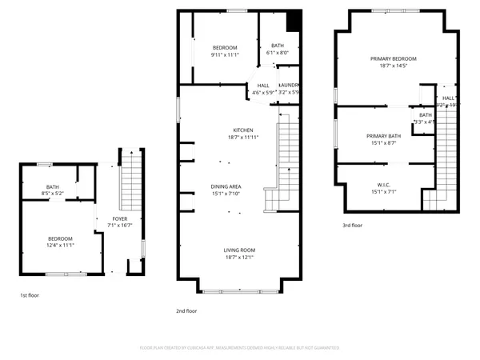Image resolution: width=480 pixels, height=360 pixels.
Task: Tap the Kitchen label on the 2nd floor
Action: pyautogui.click(x=243, y=130)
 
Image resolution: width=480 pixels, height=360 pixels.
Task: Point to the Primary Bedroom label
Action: pyautogui.click(x=393, y=58)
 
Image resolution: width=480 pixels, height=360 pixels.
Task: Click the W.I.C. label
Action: pyautogui.click(x=383, y=185)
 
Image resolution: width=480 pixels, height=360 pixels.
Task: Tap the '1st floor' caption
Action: pyautogui.click(x=30, y=295)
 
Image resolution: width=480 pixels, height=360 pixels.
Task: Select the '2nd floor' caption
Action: pyautogui.click(x=186, y=310)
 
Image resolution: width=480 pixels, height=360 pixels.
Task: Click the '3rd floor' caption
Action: pyautogui.click(x=353, y=226)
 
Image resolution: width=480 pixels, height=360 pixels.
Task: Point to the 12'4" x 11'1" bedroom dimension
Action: pyautogui.click(x=60, y=246)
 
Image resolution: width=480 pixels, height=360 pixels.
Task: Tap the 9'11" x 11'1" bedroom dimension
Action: pyautogui.click(x=225, y=55)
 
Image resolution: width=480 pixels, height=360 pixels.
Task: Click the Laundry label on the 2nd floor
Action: pyautogui.click(x=289, y=85)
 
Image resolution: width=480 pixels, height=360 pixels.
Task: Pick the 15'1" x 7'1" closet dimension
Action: pyautogui.click(x=383, y=192)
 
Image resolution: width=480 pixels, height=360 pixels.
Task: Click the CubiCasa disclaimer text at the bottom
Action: pyautogui.click(x=239, y=348)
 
